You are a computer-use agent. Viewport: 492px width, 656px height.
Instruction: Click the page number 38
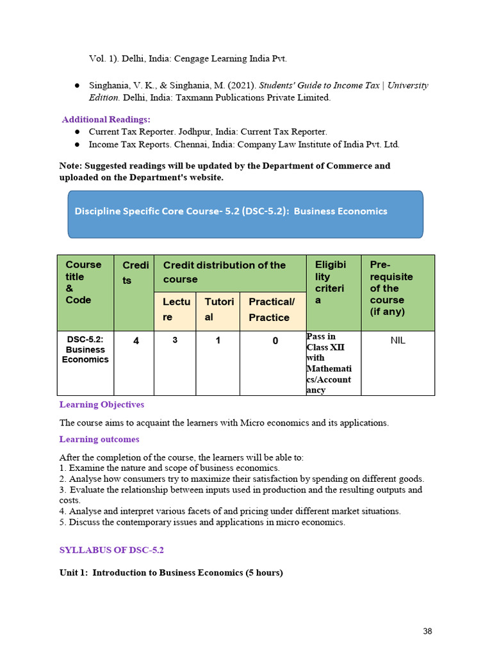tap(427, 631)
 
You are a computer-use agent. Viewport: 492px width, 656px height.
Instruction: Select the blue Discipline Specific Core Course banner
tap(245, 214)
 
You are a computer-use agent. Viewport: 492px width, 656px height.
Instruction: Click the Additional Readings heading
tap(106, 119)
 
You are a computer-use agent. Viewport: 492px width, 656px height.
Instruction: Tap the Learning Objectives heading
tap(102, 404)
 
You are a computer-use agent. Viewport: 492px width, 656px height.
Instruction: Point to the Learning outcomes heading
tap(99, 439)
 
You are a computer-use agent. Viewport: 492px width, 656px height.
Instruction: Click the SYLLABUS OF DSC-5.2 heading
tap(115, 550)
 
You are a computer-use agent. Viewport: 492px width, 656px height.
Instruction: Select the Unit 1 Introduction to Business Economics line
tap(171, 573)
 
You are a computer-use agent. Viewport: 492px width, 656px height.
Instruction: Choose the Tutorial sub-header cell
tap(218, 309)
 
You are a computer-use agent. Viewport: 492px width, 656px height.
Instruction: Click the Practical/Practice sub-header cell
tap(272, 309)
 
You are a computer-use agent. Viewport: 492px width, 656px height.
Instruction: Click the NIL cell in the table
tap(398, 340)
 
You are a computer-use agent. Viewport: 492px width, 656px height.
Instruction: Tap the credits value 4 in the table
tap(136, 341)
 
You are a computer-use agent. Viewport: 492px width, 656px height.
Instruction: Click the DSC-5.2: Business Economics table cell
tap(85, 350)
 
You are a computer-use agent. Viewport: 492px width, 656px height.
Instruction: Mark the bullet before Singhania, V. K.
tap(76, 86)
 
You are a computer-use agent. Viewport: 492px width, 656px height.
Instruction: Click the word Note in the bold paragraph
tap(70, 166)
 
